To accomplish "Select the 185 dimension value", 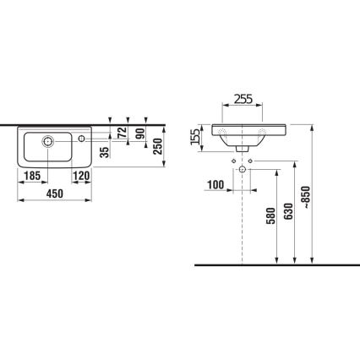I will click(x=32, y=176).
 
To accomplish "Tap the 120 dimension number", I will click(x=81, y=176).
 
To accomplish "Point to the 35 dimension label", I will click(x=103, y=153).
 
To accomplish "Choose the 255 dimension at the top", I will click(x=243, y=97).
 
